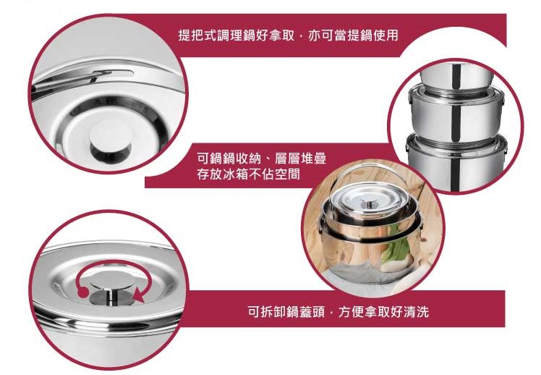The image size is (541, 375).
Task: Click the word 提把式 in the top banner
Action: tap(197, 35)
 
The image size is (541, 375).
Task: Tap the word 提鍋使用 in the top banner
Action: tap(373, 35)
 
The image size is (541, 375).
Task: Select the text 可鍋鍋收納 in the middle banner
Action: tap(229, 159)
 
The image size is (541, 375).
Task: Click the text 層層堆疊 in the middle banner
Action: tap(301, 159)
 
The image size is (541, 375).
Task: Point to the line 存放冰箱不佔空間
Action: tap(248, 174)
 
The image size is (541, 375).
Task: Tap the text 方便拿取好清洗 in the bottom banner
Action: tap(383, 312)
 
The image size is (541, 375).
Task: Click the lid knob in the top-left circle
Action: tap(111, 141)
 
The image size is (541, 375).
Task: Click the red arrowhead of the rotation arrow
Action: tap(140, 295)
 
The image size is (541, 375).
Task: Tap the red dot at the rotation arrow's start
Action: tap(82, 292)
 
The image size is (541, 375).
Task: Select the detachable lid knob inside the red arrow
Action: tap(111, 288)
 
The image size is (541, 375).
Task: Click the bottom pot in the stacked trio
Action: tap(456, 164)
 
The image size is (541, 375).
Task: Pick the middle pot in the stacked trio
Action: tap(456, 114)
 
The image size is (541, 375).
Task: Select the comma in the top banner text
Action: tap(301, 38)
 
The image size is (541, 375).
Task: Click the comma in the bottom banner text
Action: tap(331, 314)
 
